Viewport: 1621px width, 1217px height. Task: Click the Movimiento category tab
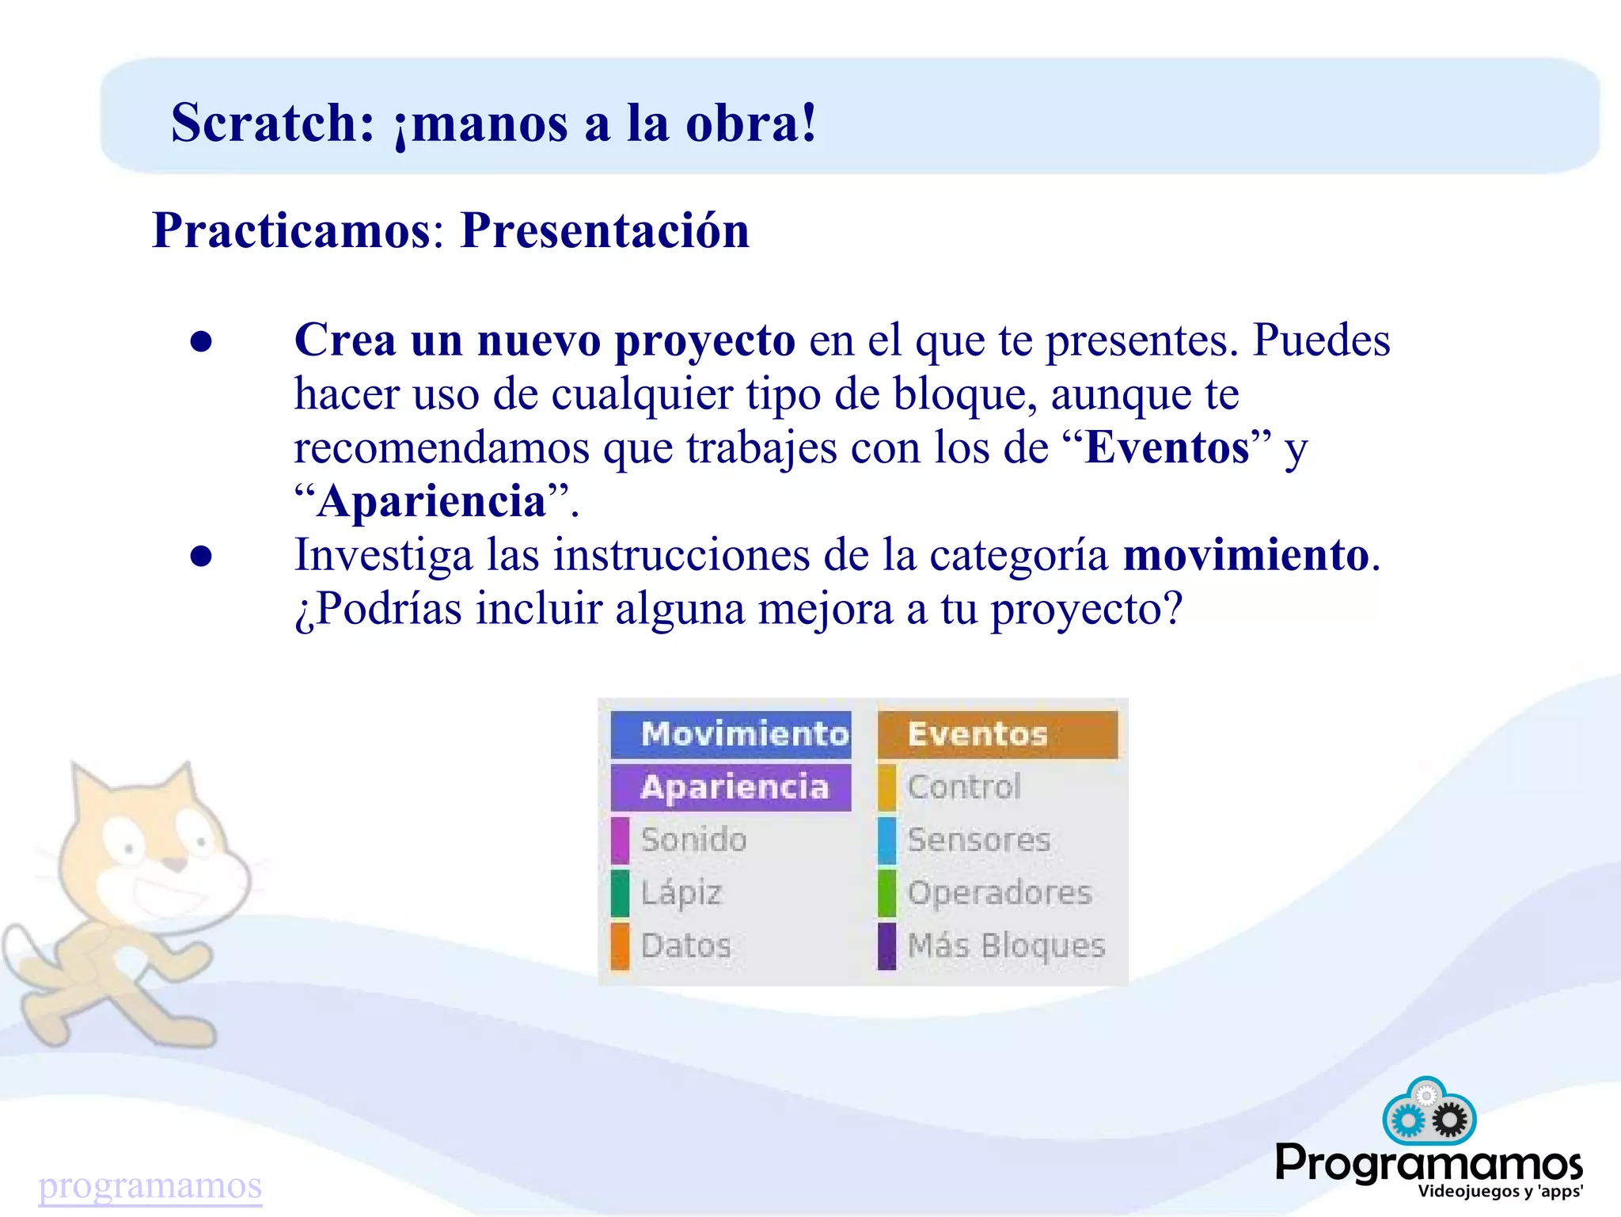(731, 735)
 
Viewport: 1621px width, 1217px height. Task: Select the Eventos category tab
(997, 735)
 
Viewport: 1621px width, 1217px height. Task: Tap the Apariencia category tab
(731, 787)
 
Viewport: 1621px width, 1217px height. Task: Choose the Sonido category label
(693, 840)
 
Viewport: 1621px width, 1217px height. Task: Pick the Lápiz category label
(681, 893)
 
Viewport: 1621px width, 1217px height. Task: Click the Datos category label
(685, 946)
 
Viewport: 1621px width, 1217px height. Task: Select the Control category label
(964, 787)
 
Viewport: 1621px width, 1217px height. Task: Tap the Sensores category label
(979, 840)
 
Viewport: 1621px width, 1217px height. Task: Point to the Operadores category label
(999, 893)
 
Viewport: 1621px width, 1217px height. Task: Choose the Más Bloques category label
(1006, 946)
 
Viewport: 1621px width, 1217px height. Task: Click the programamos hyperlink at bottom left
(150, 1185)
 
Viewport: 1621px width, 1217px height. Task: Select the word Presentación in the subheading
(605, 231)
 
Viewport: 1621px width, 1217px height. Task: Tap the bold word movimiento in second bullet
(1246, 555)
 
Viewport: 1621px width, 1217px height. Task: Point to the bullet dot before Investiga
(201, 556)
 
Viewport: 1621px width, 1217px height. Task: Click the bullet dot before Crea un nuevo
(201, 341)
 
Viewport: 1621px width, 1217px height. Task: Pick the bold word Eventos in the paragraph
(1167, 448)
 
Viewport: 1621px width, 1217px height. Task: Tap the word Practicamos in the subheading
(290, 231)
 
